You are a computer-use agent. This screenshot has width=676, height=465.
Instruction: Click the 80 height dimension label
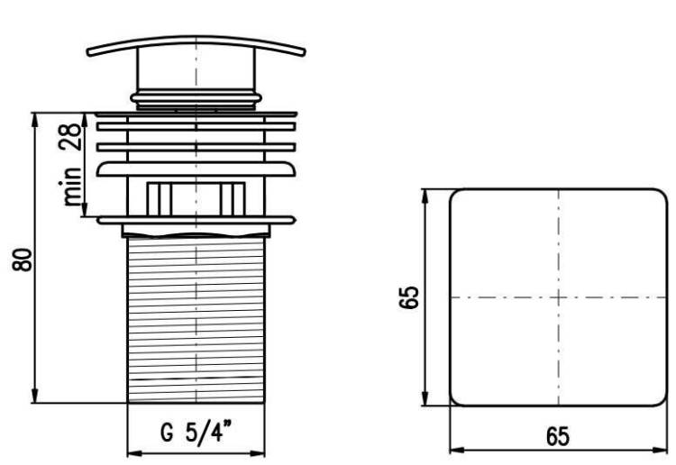23,260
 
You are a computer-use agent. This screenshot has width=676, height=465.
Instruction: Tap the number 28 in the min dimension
70,136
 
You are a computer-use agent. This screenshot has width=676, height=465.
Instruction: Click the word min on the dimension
70,187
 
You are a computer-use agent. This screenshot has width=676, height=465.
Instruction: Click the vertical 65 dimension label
408,296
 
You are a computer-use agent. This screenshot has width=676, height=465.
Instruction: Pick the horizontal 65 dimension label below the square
558,436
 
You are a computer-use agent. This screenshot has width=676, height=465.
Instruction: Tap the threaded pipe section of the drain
196,320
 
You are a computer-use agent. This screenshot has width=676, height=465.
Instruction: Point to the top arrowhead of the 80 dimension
35,120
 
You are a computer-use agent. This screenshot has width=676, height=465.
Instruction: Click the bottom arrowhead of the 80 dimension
35,396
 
